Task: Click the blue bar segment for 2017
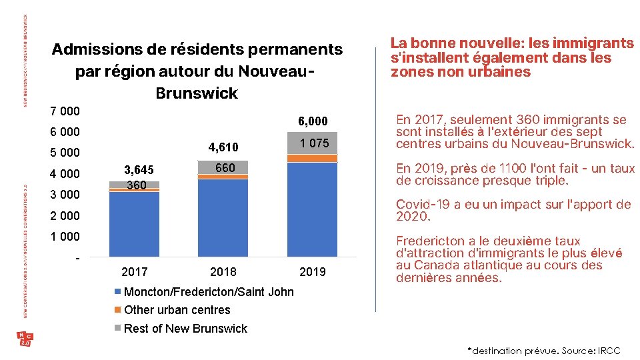pos(134,224)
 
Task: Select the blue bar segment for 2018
pos(223,217)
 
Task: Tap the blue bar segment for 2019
pos(312,209)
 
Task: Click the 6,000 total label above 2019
pos(313,121)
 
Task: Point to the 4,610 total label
pos(223,147)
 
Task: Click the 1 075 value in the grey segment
pos(313,143)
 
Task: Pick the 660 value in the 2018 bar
pos(225,168)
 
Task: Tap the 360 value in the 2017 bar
pos(136,185)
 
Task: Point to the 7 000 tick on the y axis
pos(65,111)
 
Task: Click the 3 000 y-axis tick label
pos(65,195)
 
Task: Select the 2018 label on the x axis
pos(223,271)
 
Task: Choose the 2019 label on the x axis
pos(313,271)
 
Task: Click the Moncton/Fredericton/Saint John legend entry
pos(208,292)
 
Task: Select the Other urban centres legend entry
pos(177,310)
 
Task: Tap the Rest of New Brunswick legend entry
pos(185,329)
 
